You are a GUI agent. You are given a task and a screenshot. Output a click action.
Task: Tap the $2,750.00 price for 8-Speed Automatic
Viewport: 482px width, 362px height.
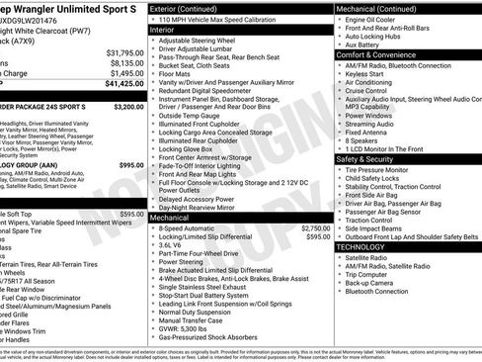tap(314, 227)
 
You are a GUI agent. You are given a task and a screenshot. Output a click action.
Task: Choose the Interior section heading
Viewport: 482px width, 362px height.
tap(169, 31)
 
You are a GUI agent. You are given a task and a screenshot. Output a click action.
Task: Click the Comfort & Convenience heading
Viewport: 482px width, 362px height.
tap(379, 55)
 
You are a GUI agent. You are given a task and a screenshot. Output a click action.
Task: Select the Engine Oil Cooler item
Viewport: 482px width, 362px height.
tap(371, 20)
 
